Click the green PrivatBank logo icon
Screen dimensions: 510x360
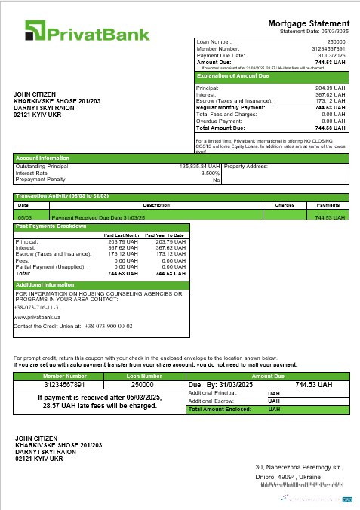pyautogui.click(x=35, y=31)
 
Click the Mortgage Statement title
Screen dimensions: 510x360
pyautogui.click(x=309, y=24)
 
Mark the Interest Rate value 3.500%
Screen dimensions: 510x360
pyautogui.click(x=211, y=173)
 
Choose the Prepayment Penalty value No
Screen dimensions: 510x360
pyautogui.click(x=216, y=180)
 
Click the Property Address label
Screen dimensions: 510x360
pyautogui.click(x=246, y=166)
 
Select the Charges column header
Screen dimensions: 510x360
pyautogui.click(x=284, y=204)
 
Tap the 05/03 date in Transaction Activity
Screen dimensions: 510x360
pyautogui.click(x=23, y=217)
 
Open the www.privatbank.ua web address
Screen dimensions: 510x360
pyautogui.click(x=37, y=318)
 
